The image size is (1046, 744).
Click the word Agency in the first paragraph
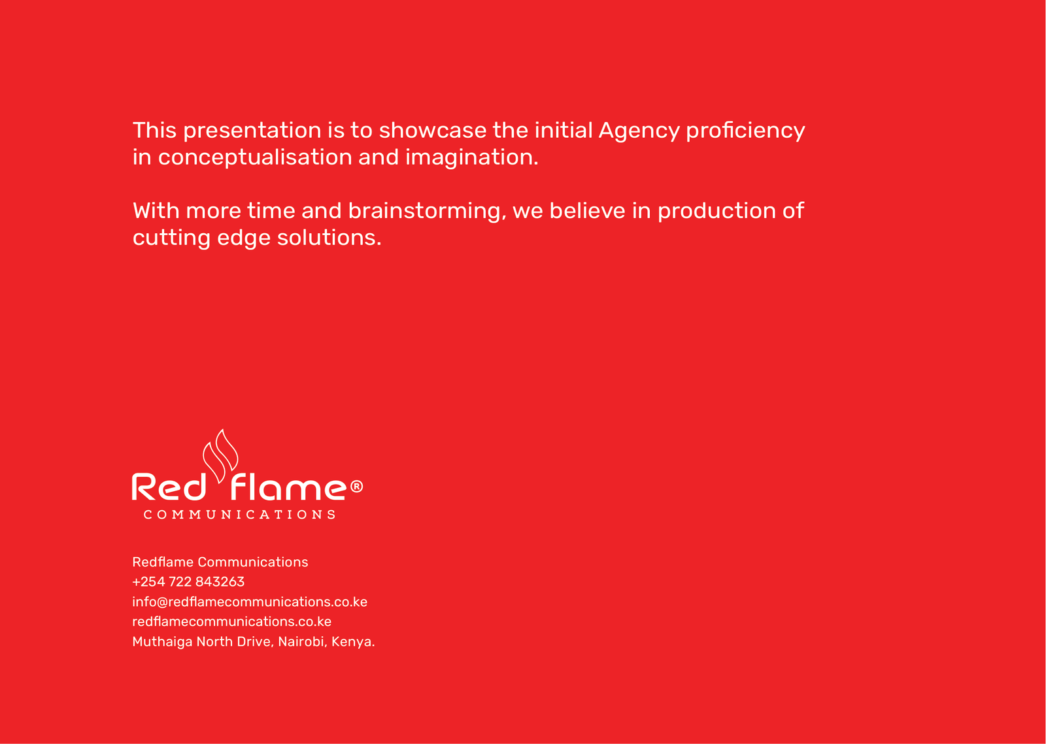(x=639, y=131)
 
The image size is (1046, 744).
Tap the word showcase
(x=432, y=130)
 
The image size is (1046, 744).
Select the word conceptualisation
(x=255, y=157)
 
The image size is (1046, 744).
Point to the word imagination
(x=472, y=157)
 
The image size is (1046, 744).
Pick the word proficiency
(x=745, y=131)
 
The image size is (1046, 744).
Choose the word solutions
(x=329, y=237)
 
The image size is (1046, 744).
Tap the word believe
(x=588, y=210)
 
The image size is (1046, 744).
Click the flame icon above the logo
(x=220, y=456)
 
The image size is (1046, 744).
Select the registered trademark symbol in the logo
(x=356, y=487)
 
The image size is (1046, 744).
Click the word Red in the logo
(x=169, y=487)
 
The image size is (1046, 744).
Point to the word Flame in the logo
(x=288, y=487)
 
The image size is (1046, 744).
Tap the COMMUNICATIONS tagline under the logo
(x=239, y=515)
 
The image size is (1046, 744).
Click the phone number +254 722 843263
(x=188, y=581)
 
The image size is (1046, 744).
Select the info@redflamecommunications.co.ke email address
(x=250, y=602)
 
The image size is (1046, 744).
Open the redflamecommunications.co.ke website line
(x=231, y=621)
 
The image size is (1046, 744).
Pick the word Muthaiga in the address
(x=163, y=642)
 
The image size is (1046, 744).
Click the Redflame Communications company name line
(x=220, y=562)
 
